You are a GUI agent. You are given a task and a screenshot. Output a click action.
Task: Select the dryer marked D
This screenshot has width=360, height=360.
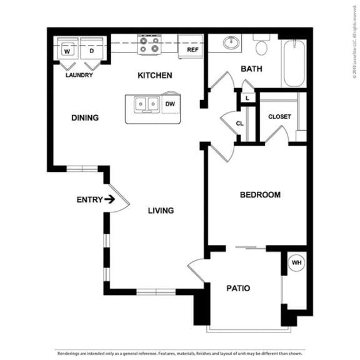(91, 50)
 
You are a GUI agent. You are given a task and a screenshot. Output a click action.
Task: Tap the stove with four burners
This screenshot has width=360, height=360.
(149, 46)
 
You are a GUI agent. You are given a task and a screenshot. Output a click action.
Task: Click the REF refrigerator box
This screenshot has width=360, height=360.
(192, 49)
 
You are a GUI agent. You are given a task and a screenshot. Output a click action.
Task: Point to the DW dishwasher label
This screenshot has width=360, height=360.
(170, 105)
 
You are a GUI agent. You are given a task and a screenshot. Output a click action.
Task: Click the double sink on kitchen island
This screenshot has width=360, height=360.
(146, 104)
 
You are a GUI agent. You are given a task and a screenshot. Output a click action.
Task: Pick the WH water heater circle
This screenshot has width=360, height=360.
(296, 263)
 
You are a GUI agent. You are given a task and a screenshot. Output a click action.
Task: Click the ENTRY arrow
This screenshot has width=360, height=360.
(110, 200)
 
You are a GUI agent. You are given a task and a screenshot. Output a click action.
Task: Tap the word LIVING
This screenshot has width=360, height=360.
(161, 211)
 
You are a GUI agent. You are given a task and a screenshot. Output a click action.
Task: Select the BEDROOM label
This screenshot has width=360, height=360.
(260, 195)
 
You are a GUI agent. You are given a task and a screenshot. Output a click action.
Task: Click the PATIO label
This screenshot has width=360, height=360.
(238, 288)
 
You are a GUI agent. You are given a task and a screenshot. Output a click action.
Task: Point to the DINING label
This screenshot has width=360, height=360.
(85, 117)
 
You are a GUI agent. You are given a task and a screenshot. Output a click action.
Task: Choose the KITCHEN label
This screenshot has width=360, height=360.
(155, 76)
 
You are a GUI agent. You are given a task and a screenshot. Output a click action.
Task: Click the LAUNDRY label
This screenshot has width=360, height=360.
(79, 75)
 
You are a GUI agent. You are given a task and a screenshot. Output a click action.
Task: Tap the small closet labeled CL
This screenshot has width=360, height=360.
(239, 123)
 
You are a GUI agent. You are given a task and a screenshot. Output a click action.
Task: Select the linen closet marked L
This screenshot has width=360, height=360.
(247, 98)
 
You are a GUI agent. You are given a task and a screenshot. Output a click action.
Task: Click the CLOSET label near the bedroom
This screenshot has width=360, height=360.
(279, 117)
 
